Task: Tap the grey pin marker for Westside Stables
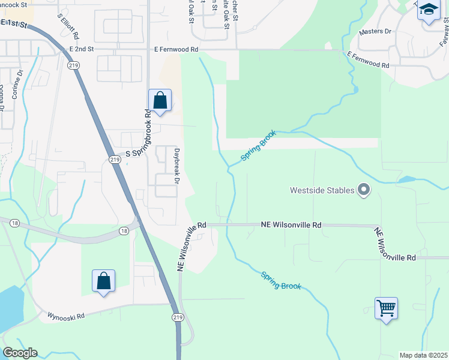[x=363, y=190]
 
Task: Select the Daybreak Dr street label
[x=177, y=166]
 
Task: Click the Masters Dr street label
[x=375, y=31]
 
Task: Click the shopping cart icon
[x=386, y=309]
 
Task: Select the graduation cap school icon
[x=429, y=10]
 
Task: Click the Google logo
[x=20, y=353]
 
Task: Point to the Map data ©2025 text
[x=423, y=355]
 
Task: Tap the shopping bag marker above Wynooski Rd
[x=103, y=280]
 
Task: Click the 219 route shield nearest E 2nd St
[x=73, y=66]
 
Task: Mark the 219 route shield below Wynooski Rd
[x=178, y=317]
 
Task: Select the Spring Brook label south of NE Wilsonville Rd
[x=281, y=280]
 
